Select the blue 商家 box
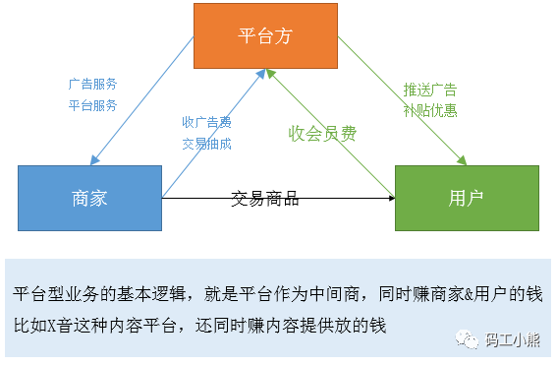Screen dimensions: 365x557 [89, 198]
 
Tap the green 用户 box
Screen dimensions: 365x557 [467, 198]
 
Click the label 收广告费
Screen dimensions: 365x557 [206, 123]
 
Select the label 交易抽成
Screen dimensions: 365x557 [206, 143]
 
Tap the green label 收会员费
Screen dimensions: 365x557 [321, 133]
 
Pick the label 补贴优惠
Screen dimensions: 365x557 [429, 109]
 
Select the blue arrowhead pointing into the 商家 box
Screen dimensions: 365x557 [94, 162]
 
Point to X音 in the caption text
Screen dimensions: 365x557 [67, 322]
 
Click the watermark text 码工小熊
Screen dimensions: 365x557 [511, 341]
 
